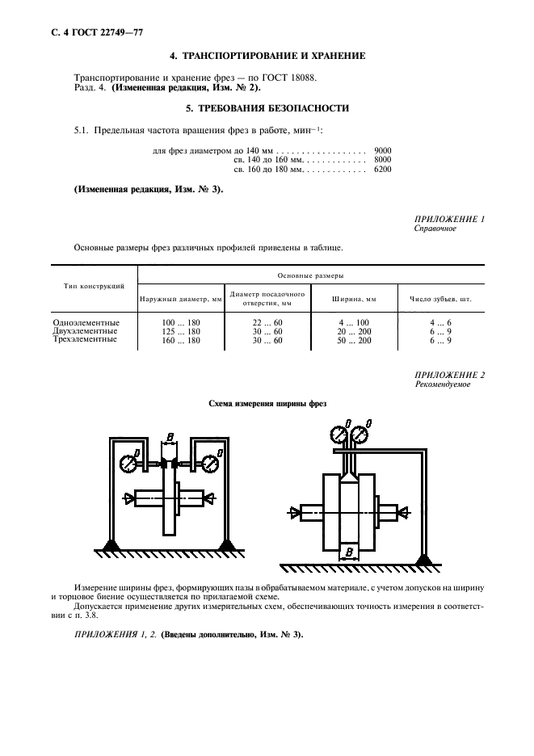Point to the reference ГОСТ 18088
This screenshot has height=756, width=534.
pyautogui.click(x=286, y=77)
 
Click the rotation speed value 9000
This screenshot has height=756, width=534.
pyautogui.click(x=383, y=150)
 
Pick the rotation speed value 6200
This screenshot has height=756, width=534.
pyautogui.click(x=383, y=170)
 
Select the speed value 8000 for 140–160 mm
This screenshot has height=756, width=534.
pyautogui.click(x=383, y=160)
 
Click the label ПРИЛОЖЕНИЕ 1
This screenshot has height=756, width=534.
pyautogui.click(x=449, y=219)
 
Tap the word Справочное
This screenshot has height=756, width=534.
pyautogui.click(x=435, y=229)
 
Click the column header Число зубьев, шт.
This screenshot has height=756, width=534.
pyautogui.click(x=440, y=298)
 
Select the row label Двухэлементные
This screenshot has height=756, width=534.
pyautogui.click(x=85, y=331)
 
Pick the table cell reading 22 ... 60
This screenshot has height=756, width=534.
pyautogui.click(x=267, y=322)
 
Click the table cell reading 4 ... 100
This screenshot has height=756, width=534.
pyautogui.click(x=354, y=322)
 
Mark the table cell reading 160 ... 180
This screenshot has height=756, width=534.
pyautogui.click(x=181, y=340)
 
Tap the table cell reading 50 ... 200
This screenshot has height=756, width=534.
pyautogui.click(x=354, y=340)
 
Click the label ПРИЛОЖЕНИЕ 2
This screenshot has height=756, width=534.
pyautogui.click(x=449, y=376)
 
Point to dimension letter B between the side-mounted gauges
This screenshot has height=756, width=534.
pyautogui.click(x=169, y=437)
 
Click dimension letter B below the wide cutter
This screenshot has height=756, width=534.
pyautogui.click(x=348, y=552)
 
